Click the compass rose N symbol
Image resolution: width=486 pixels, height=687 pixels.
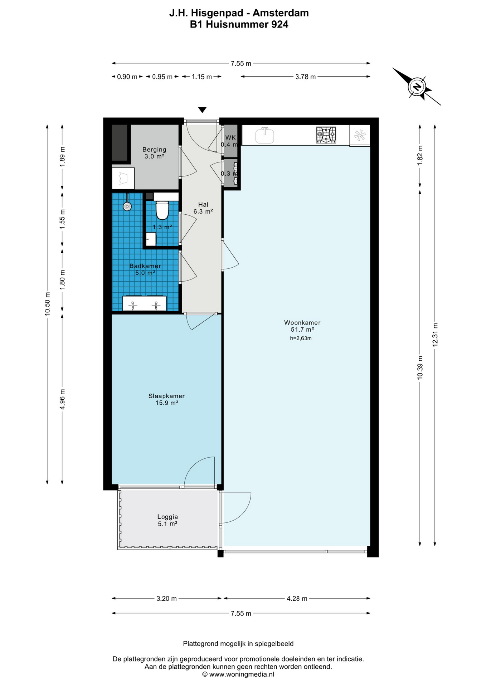point(417,87)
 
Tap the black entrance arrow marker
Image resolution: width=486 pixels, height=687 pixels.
point(202,110)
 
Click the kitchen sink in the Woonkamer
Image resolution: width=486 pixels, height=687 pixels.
point(265,135)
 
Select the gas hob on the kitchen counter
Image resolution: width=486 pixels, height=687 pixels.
point(326,135)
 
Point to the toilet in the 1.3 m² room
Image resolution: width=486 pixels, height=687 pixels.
point(162,210)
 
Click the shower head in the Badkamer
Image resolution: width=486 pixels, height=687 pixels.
point(127,206)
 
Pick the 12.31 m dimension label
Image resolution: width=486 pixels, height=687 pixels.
point(435,335)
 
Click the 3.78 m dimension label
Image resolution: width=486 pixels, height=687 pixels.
point(305,77)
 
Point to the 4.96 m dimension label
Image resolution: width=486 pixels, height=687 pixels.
point(62,399)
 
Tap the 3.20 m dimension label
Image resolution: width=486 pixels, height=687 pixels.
point(166,599)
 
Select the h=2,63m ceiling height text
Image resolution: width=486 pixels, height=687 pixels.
point(301,338)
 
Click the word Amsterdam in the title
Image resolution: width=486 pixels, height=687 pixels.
point(281,13)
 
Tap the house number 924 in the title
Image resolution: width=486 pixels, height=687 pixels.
point(280,24)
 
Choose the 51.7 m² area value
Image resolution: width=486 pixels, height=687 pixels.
point(302,330)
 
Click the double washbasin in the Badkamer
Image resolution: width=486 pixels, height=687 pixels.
point(144,303)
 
